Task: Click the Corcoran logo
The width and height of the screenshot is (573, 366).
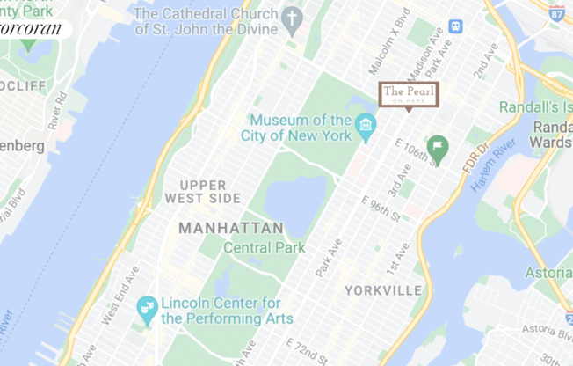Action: point(33,29)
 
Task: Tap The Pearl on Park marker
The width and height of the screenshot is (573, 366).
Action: point(409,95)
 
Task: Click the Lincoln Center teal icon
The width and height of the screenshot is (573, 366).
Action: point(147,308)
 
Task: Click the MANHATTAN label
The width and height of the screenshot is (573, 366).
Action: point(231,229)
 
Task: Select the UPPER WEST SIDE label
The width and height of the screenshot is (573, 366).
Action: point(208,192)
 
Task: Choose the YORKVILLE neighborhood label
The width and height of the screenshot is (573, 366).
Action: point(383,290)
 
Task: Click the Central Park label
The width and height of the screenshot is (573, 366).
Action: point(265,248)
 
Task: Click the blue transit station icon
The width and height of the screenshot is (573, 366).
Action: point(455,26)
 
